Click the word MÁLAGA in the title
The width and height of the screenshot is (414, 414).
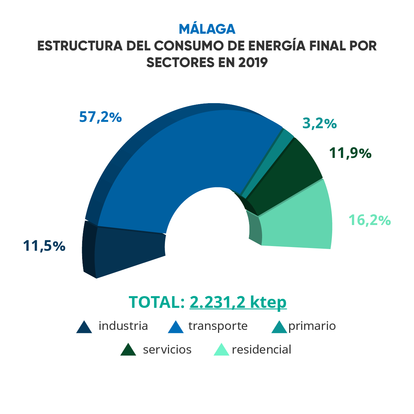point(207,29)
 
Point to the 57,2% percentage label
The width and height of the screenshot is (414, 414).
point(100,117)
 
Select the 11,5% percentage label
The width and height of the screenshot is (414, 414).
point(44,246)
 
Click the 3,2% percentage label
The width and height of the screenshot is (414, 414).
point(320,124)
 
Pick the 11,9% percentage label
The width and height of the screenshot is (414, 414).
point(350,153)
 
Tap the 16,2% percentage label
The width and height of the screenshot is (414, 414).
point(370,220)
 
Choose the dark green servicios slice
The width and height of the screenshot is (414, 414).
point(287,180)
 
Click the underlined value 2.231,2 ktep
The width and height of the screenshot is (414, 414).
point(238,302)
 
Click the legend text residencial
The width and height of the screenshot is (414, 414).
point(261,350)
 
